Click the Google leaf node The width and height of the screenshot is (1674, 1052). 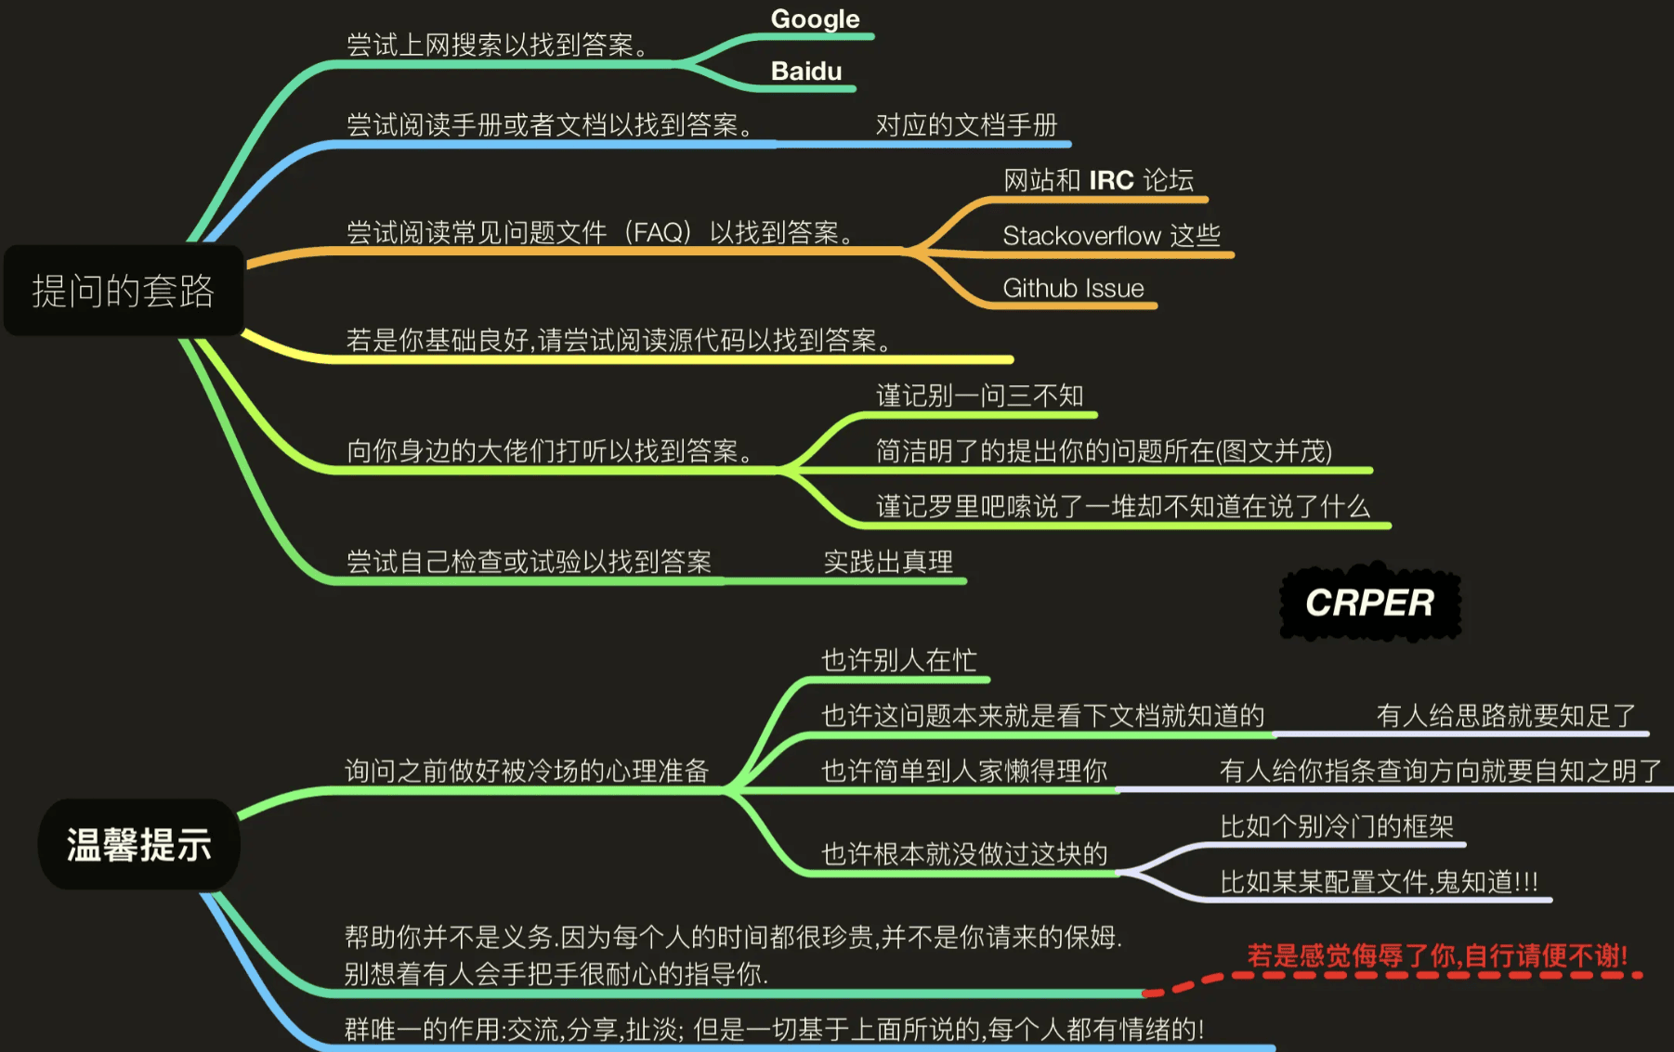pyautogui.click(x=815, y=19)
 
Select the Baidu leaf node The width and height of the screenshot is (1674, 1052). pyautogui.click(x=806, y=71)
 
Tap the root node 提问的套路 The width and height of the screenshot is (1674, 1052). pyautogui.click(x=124, y=291)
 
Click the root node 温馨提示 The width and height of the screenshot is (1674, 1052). pyautogui.click(x=139, y=845)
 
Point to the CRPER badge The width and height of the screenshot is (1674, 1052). pyautogui.click(x=1369, y=603)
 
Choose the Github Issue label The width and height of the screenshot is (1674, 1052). pyautogui.click(x=1073, y=289)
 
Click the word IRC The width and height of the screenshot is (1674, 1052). pyautogui.click(x=1111, y=180)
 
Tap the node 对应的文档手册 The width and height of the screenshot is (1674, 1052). pyautogui.click(x=966, y=125)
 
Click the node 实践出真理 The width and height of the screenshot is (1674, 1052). pyautogui.click(x=888, y=562)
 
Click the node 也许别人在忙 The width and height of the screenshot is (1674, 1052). pyautogui.click(x=898, y=660)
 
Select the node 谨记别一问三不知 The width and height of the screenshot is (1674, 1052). pyautogui.click(x=980, y=396)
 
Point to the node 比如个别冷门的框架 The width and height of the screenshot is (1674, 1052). pyautogui.click(x=1337, y=826)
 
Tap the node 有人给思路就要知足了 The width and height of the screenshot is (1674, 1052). pyautogui.click(x=1506, y=716)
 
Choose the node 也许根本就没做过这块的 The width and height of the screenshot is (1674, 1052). pyautogui.click(x=964, y=854)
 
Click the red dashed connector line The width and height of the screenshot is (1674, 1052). pyautogui.click(x=1208, y=980)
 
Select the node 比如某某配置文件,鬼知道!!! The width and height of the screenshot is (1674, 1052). pyautogui.click(x=1379, y=882)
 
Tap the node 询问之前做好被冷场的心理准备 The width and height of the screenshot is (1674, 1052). pyautogui.click(x=527, y=771)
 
